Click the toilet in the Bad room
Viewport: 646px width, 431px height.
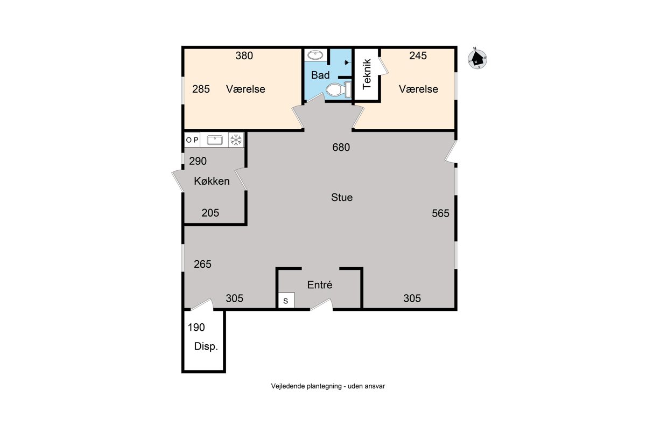[339, 89]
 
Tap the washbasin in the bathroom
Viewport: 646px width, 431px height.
[315, 55]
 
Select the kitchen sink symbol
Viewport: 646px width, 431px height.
[215, 140]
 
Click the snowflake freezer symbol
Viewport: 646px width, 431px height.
[236, 140]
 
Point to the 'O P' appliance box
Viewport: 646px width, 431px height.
[192, 140]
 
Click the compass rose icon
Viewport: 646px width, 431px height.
[478, 59]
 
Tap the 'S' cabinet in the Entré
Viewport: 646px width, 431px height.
[286, 300]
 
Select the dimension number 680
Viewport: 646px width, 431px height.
[341, 148]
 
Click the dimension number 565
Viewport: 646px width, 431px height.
[440, 213]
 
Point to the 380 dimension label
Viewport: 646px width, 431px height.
[244, 55]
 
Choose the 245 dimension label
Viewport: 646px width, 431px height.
[418, 55]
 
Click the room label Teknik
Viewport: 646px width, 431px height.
[367, 74]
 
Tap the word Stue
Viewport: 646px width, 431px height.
[342, 198]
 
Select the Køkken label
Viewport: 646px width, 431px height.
[212, 182]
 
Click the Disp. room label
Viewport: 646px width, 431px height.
[206, 346]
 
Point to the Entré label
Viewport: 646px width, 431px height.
[320, 285]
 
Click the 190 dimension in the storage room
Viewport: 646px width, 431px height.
[196, 328]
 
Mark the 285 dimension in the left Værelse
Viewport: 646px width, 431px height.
[201, 89]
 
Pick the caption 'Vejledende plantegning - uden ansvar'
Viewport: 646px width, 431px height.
[328, 386]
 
